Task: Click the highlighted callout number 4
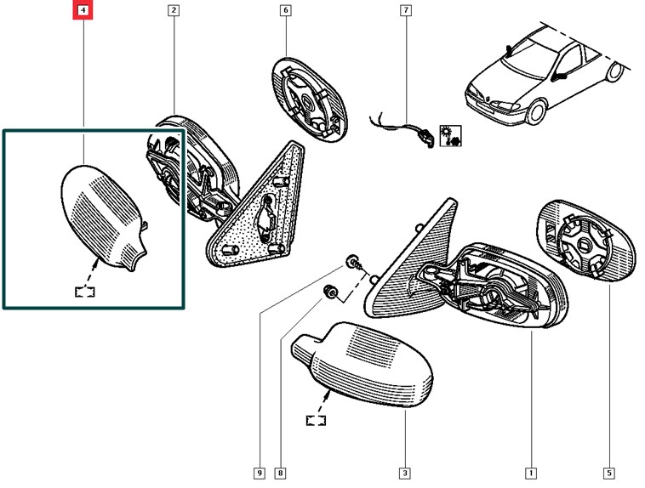[x=83, y=11]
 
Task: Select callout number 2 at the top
[x=173, y=11]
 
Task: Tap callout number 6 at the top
[x=285, y=11]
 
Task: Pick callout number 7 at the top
[x=406, y=11]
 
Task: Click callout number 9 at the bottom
[x=257, y=473]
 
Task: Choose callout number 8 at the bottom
[x=279, y=473]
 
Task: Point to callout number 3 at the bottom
[x=405, y=473]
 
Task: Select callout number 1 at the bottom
[x=531, y=473]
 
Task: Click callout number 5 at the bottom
[x=610, y=473]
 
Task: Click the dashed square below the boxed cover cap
[x=85, y=290]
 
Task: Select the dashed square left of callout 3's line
[x=317, y=418]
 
